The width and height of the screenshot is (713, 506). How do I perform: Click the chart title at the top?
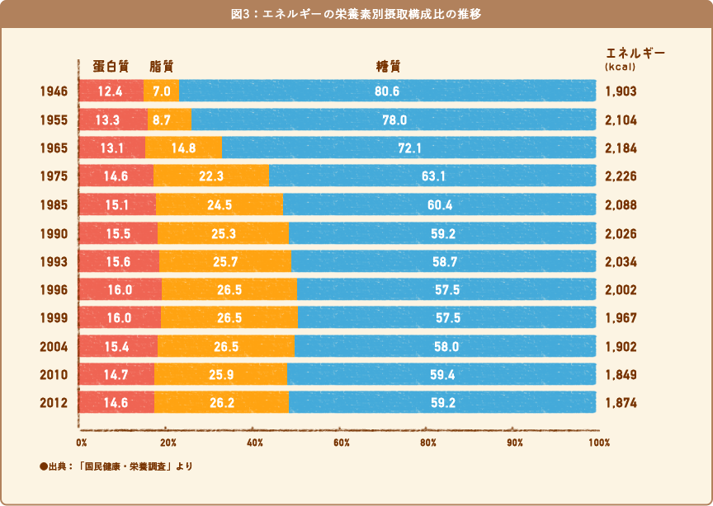[356, 14]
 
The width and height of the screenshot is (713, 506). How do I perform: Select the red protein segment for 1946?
[111, 91]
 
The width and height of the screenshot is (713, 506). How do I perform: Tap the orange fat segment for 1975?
[211, 176]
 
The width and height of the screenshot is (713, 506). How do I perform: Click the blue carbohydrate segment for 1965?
[408, 148]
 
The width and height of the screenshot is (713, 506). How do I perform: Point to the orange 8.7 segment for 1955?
[169, 119]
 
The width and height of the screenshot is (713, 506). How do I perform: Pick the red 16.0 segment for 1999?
[120, 317]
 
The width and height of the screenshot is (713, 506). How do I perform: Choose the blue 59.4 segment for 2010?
[441, 374]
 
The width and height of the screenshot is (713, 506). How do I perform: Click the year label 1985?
[54, 205]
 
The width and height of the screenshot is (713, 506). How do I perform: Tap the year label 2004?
[54, 347]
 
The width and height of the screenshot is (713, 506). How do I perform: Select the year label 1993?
[54, 261]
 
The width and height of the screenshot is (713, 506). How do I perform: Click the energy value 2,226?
[621, 176]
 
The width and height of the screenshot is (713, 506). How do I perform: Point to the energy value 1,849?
[621, 375]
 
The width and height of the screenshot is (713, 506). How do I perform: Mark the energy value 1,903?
[621, 91]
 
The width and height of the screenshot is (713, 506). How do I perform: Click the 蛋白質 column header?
[111, 66]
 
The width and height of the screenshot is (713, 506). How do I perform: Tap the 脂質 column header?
[162, 66]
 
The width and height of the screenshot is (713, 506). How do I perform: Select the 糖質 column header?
[388, 66]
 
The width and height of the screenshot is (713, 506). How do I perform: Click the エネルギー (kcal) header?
[635, 59]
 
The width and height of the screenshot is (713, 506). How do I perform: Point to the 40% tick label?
[255, 443]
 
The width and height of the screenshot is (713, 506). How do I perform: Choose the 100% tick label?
[599, 443]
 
